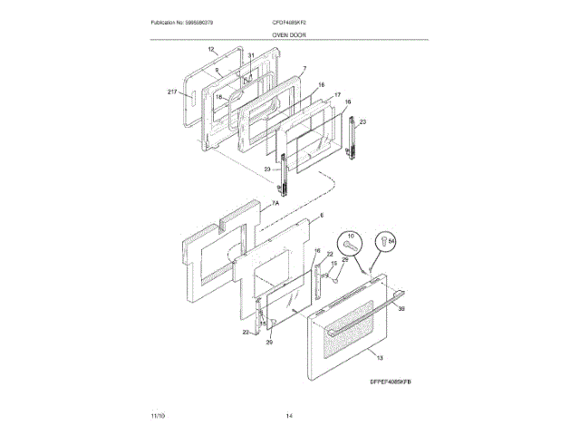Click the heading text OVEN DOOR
tap(289, 34)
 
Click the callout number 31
tap(251, 56)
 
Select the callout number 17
tap(336, 94)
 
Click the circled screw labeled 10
tap(351, 241)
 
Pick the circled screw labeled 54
tap(387, 241)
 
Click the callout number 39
tap(401, 308)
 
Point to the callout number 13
tap(379, 359)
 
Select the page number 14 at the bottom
tap(289, 415)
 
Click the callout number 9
tap(217, 68)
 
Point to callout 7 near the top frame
tap(304, 69)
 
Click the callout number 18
tap(218, 96)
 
